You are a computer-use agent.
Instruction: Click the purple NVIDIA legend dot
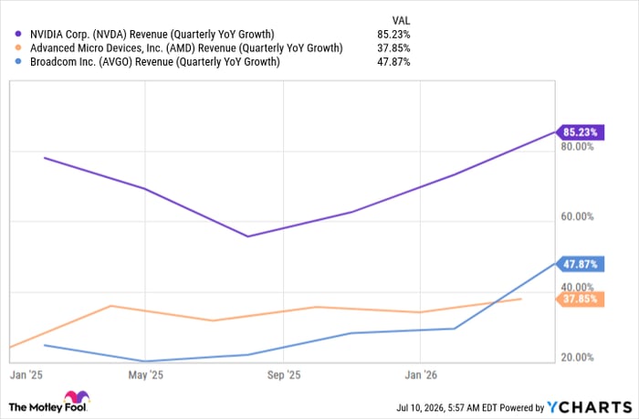pyautogui.click(x=18, y=35)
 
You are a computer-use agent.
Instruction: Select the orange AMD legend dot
pyautogui.click(x=18, y=48)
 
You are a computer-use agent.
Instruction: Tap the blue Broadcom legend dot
pyautogui.click(x=18, y=62)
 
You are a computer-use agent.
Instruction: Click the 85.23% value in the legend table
pyautogui.click(x=393, y=35)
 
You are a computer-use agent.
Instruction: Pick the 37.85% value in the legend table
pyautogui.click(x=393, y=48)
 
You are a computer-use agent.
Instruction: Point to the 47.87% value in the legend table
pyautogui.click(x=393, y=62)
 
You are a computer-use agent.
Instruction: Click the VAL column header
pyautogui.click(x=401, y=20)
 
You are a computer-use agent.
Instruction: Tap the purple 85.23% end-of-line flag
pyautogui.click(x=581, y=132)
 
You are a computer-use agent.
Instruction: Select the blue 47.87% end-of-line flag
pyautogui.click(x=581, y=264)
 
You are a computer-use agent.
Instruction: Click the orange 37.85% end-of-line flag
pyautogui.click(x=581, y=299)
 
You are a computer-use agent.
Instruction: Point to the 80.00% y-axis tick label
pyautogui.click(x=577, y=146)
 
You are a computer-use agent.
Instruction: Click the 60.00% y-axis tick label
pyautogui.click(x=577, y=216)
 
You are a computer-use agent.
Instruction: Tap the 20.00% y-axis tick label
pyautogui.click(x=577, y=358)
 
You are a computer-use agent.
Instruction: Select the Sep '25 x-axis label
pyautogui.click(x=284, y=375)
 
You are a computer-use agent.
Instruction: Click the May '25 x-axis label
pyautogui.click(x=145, y=375)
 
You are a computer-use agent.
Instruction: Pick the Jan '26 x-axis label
pyautogui.click(x=421, y=375)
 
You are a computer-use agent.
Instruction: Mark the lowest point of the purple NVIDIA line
pyautogui.click(x=248, y=236)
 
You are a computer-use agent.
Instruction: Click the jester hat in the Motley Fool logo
pyautogui.click(x=77, y=396)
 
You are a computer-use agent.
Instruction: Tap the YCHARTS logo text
pyautogui.click(x=590, y=407)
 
